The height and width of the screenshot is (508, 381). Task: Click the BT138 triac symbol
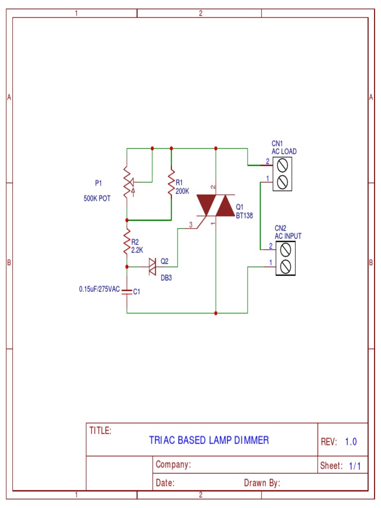pyautogui.click(x=216, y=205)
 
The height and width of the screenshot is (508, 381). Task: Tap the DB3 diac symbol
pyautogui.click(x=153, y=266)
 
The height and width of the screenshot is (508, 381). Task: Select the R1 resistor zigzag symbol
pyautogui.click(x=171, y=184)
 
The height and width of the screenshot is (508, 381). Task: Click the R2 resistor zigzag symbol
pyautogui.click(x=127, y=242)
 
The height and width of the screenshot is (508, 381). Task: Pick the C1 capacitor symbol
pyautogui.click(x=127, y=291)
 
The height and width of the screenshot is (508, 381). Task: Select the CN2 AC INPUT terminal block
pyautogui.click(x=286, y=258)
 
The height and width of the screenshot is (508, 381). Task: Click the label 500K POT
pyautogui.click(x=97, y=198)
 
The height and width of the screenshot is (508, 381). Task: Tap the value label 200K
pyautogui.click(x=183, y=190)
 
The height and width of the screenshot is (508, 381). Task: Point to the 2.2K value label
pyautogui.click(x=137, y=250)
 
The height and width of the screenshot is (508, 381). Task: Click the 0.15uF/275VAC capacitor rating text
pyautogui.click(x=99, y=289)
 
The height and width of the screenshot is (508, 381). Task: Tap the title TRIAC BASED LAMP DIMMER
pyautogui.click(x=209, y=440)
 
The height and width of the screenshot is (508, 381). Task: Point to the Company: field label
pyautogui.click(x=173, y=465)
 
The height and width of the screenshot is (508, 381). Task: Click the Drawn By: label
pyautogui.click(x=262, y=483)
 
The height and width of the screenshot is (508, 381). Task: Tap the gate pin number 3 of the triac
pyautogui.click(x=190, y=224)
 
